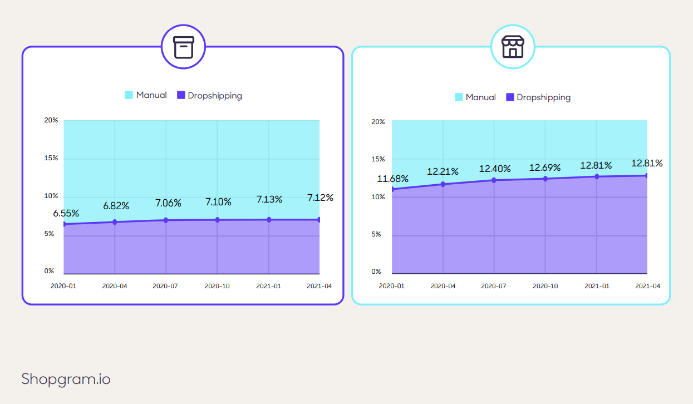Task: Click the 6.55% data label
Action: [x=66, y=213]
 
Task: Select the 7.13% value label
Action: [x=269, y=199]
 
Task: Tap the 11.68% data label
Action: [x=393, y=179]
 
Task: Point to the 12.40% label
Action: [x=495, y=169]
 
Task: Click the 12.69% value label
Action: [x=545, y=167]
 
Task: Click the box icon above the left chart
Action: [x=184, y=47]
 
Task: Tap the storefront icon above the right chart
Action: [x=513, y=47]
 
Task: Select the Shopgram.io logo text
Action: [x=66, y=379]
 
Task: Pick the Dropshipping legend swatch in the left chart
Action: [x=181, y=95]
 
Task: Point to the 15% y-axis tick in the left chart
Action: [x=51, y=158]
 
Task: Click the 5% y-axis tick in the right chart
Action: [x=376, y=234]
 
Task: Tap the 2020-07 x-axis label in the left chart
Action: [x=165, y=286]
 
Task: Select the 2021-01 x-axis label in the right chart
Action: [x=597, y=286]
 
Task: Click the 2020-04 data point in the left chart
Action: [x=115, y=222]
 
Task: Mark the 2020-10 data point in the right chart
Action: [x=545, y=179]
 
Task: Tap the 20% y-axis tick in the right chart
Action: [x=378, y=121]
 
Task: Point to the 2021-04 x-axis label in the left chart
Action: [x=320, y=286]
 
